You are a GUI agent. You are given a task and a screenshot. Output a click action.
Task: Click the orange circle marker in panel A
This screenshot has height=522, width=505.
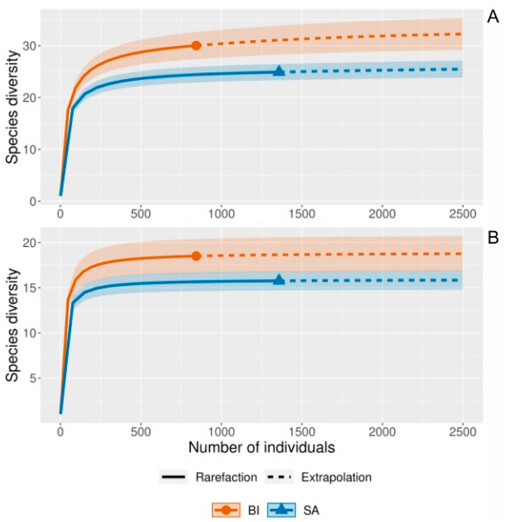coord(196,46)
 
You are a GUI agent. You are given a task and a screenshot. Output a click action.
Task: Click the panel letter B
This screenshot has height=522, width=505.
coord(493,238)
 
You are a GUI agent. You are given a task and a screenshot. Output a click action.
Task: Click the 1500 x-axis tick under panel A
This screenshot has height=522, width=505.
coord(302,214)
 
